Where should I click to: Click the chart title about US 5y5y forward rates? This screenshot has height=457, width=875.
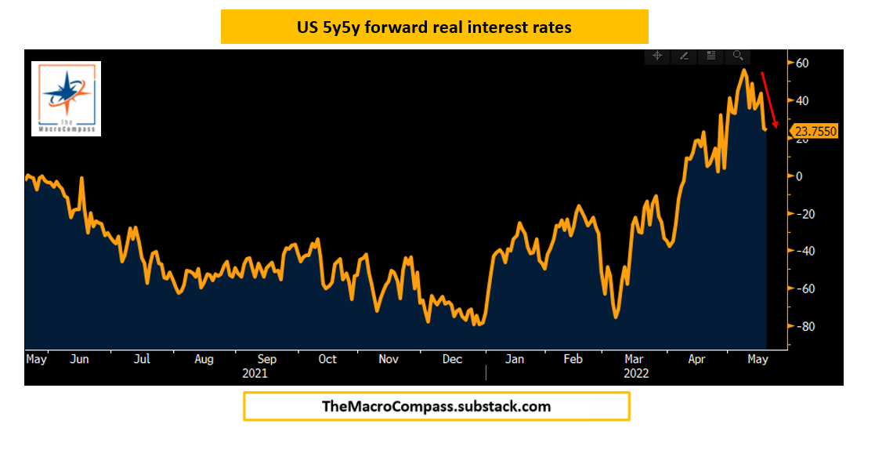[434, 27]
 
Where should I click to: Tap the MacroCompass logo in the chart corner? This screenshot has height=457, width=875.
[66, 98]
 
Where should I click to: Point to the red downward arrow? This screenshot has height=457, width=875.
[768, 99]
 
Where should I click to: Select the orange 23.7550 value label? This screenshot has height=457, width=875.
[815, 132]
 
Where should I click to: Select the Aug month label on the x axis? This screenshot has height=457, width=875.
[204, 359]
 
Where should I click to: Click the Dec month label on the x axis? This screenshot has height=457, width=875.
[452, 359]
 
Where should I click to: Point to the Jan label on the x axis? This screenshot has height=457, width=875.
[514, 359]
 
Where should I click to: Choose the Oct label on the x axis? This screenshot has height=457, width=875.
[327, 359]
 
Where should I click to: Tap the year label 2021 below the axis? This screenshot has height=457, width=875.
[255, 373]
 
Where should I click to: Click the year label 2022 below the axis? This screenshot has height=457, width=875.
[636, 373]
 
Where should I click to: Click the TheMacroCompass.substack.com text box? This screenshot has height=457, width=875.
[436, 407]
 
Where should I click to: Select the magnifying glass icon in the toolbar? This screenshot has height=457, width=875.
[738, 56]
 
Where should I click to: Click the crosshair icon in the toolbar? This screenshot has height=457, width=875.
[657, 56]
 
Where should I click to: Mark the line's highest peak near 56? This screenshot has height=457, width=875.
[743, 70]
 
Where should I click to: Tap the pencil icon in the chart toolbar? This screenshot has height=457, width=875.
[684, 56]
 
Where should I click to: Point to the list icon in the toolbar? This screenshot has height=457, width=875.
[710, 56]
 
